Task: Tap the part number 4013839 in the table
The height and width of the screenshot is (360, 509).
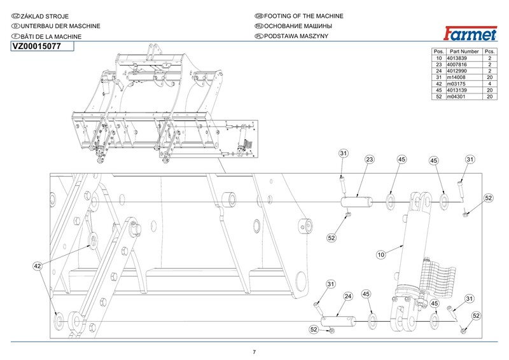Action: pos(457,57)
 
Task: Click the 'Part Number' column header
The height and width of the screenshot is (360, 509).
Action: pos(463,50)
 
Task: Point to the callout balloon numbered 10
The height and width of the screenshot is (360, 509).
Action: pos(382,254)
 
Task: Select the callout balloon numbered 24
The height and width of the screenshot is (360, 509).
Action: pos(348,296)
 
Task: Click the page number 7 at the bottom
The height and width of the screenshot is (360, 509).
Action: pos(254,352)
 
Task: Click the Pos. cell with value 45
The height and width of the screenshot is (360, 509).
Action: pos(438,90)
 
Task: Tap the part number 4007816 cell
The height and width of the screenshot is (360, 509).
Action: pos(457,64)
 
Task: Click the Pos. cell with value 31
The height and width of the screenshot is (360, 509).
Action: pos(438,77)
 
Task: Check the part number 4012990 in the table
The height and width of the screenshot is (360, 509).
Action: pos(457,71)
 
